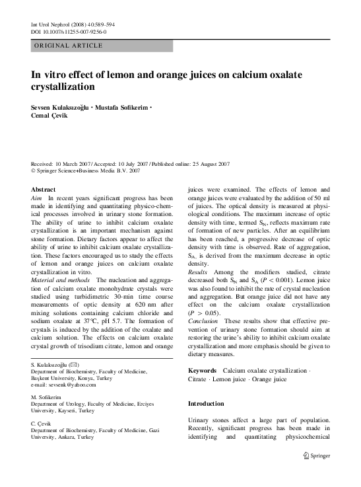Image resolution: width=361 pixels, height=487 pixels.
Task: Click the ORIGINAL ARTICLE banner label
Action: [x=69, y=45]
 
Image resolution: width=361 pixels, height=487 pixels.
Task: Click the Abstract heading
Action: [x=44, y=189]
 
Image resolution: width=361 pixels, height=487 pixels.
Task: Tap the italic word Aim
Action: [x=37, y=198]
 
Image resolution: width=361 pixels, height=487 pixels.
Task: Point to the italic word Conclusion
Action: [x=203, y=321]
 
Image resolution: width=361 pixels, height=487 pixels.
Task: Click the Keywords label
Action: [x=203, y=371]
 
